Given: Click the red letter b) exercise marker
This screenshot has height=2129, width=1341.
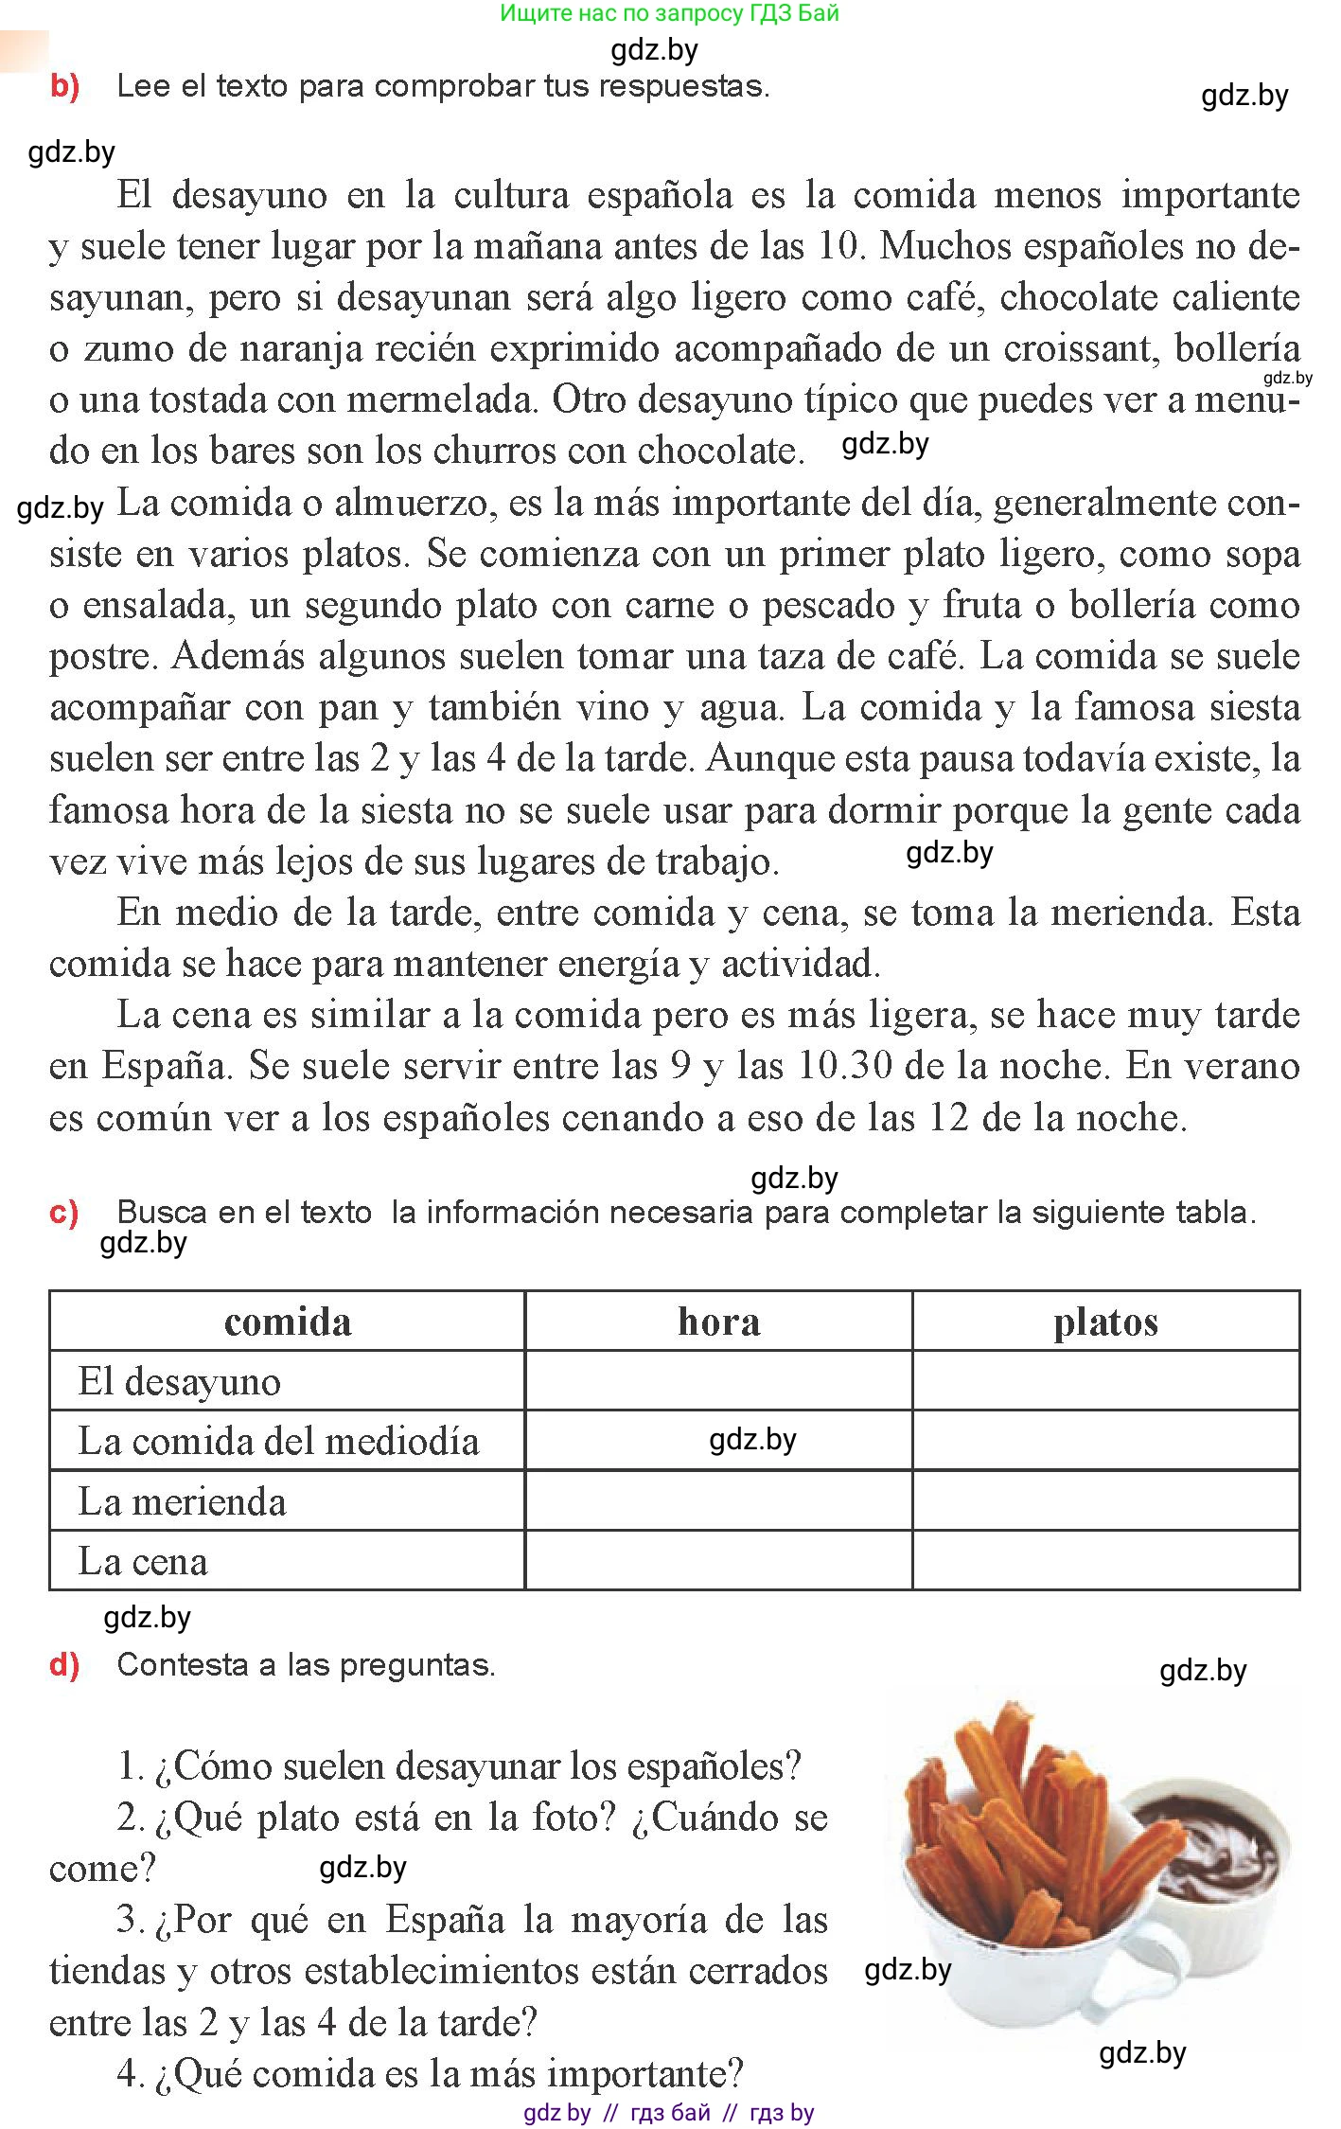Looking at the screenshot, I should coord(64,86).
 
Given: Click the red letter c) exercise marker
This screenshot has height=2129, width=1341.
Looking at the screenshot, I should coord(63,1212).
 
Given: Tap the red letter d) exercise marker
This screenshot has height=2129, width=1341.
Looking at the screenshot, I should coord(63,1665).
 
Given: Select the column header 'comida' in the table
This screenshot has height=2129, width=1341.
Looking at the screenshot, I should coord(288,1322).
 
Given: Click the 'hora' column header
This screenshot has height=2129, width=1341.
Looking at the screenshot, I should coord(718,1322).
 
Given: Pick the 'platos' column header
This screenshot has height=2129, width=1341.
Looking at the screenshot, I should coord(1105,1322).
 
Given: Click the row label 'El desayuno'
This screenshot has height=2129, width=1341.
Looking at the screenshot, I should coord(179,1381).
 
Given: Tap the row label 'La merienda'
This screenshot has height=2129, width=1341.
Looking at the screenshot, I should coord(182,1501).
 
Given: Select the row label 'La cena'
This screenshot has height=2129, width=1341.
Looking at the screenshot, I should coord(143,1561).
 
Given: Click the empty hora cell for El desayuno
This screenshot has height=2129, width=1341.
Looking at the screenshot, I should coord(718,1381).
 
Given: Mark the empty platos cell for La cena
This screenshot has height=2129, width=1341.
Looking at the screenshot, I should coord(1105,1561).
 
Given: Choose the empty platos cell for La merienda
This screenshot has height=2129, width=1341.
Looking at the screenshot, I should coord(1105,1501).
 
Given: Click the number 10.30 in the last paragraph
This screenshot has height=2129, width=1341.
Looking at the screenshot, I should coord(845,1067).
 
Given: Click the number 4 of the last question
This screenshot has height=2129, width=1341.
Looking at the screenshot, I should coord(129,2075).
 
